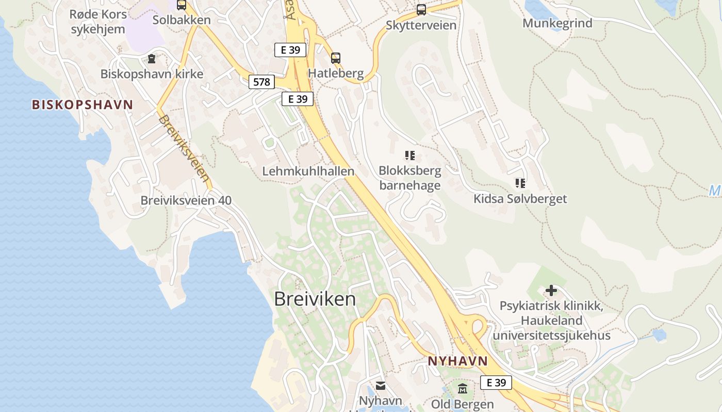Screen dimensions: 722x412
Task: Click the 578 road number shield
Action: tap(261, 81)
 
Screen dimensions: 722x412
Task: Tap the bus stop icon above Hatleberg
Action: tap(336, 58)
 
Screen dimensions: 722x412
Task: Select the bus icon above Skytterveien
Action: tap(421, 9)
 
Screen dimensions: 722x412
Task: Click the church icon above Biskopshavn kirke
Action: tap(151, 59)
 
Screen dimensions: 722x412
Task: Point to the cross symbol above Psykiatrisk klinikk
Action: tap(551, 290)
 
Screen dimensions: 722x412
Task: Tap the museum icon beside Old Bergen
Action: tap(462, 388)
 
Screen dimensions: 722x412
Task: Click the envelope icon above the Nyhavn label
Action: tap(381, 385)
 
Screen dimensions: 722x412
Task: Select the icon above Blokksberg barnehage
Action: tap(410, 155)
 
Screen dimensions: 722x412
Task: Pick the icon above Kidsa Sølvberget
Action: tap(520, 183)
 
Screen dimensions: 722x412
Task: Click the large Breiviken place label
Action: tap(315, 299)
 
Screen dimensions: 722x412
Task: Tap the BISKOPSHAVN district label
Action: tap(83, 105)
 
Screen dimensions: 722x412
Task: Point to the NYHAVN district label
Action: tap(458, 361)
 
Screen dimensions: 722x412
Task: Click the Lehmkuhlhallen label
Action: tap(308, 171)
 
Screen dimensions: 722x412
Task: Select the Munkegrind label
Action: tap(557, 23)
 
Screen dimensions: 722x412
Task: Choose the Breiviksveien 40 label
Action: tap(186, 200)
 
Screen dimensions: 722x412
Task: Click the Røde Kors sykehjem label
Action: tap(98, 22)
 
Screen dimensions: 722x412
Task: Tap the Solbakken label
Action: tap(182, 20)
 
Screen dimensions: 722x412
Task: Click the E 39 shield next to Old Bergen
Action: tap(496, 383)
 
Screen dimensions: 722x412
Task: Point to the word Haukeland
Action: tap(551, 320)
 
